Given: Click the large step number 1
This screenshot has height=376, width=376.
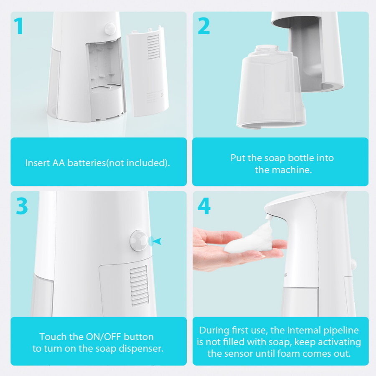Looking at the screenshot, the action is tap(18, 26).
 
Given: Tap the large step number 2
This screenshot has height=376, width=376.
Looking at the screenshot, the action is tap(203, 26).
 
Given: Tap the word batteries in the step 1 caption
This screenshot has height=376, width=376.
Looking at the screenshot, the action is tap(86, 163).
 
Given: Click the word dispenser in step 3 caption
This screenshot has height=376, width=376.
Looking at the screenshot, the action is tap(141, 349).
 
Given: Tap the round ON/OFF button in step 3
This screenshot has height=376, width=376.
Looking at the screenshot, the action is tap(139, 241).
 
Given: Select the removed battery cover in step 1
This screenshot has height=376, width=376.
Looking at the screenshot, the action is tap(148, 72).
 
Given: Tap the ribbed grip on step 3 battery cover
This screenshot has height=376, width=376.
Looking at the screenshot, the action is tap(139, 285).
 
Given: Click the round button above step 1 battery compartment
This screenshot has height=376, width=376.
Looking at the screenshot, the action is tap(110, 28).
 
